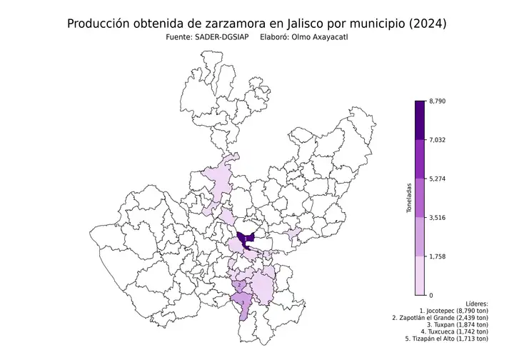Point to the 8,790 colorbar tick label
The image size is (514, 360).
pos(438,101)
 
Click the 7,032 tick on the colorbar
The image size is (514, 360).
pos(438,140)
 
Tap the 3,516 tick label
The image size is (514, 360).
pos(438,218)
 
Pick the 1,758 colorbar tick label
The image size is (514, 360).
pos(438,256)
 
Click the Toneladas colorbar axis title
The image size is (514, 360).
pos(409,198)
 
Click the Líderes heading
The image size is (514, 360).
pos(475,304)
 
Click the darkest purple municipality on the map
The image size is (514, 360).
pos(246,239)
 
